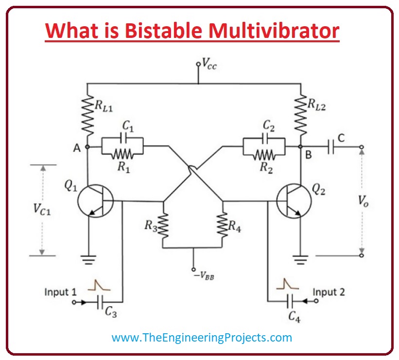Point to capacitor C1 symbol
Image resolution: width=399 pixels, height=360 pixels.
coord(123,138)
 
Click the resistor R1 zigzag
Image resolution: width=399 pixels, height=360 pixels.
coord(123,154)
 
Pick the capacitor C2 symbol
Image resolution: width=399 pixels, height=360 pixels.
coord(265,138)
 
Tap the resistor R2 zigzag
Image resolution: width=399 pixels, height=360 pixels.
coord(265,154)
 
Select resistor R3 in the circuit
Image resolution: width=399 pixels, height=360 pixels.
coord(163,224)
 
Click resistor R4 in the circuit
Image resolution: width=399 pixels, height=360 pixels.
coord(223,224)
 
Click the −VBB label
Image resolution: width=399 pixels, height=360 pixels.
coord(204,276)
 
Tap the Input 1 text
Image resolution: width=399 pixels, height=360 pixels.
coord(60,292)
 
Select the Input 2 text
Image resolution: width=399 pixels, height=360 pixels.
coord(329,292)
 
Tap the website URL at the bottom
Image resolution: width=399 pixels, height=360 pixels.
coord(202,337)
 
